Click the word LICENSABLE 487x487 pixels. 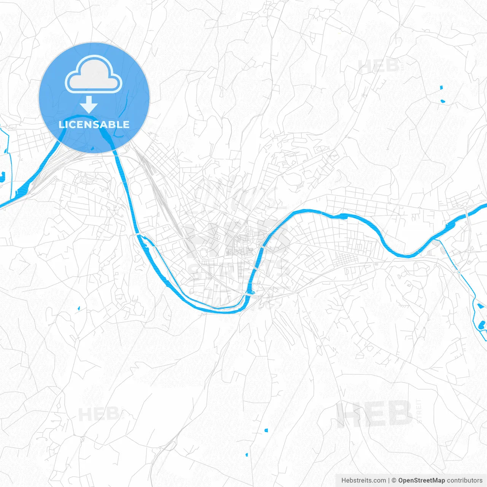tap(94, 124)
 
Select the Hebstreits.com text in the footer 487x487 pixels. tap(363, 481)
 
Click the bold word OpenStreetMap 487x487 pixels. tap(421, 481)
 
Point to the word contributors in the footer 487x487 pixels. tap(464, 481)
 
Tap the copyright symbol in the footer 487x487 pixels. tap(394, 481)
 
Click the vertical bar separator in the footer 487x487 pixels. tap(389, 481)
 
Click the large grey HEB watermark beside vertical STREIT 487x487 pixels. tap(374, 414)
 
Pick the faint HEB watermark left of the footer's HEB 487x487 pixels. tap(98, 414)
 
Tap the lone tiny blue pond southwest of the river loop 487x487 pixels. tap(79, 308)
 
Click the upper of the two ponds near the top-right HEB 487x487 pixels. tap(441, 88)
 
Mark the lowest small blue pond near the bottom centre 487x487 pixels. tap(247, 455)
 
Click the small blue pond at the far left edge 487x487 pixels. tap(2, 176)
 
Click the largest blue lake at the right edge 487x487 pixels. tap(482, 325)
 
